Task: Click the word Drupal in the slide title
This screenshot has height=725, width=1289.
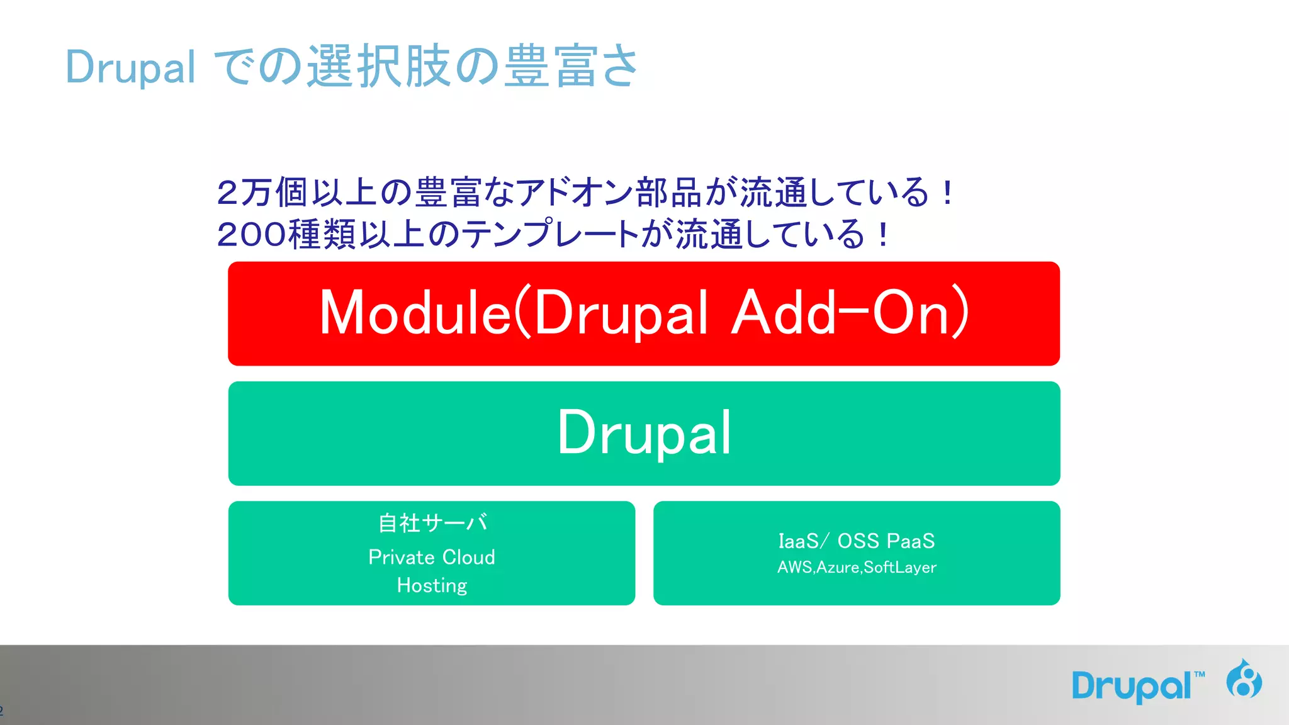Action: click(x=130, y=67)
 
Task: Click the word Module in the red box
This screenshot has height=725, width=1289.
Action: click(x=415, y=313)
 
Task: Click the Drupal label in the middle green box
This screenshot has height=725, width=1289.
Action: click(x=644, y=433)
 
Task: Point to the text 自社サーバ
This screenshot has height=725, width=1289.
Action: click(x=432, y=523)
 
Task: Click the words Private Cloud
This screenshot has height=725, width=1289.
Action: click(x=432, y=557)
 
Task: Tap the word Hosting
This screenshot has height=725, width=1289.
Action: click(x=432, y=586)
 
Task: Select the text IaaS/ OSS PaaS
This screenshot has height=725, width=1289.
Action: click(x=856, y=541)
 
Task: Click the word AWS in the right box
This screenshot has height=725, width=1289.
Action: click(x=795, y=568)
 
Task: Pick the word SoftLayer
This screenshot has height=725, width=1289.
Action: click(x=900, y=568)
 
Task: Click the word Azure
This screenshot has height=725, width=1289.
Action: click(x=838, y=568)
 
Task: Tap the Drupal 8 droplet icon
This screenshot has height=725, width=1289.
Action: click(x=1244, y=679)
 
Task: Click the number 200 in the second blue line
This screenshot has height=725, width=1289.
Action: click(x=252, y=235)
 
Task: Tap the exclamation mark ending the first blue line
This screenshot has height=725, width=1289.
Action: click(x=947, y=193)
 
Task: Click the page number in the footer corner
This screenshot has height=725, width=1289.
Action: click(x=2, y=711)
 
